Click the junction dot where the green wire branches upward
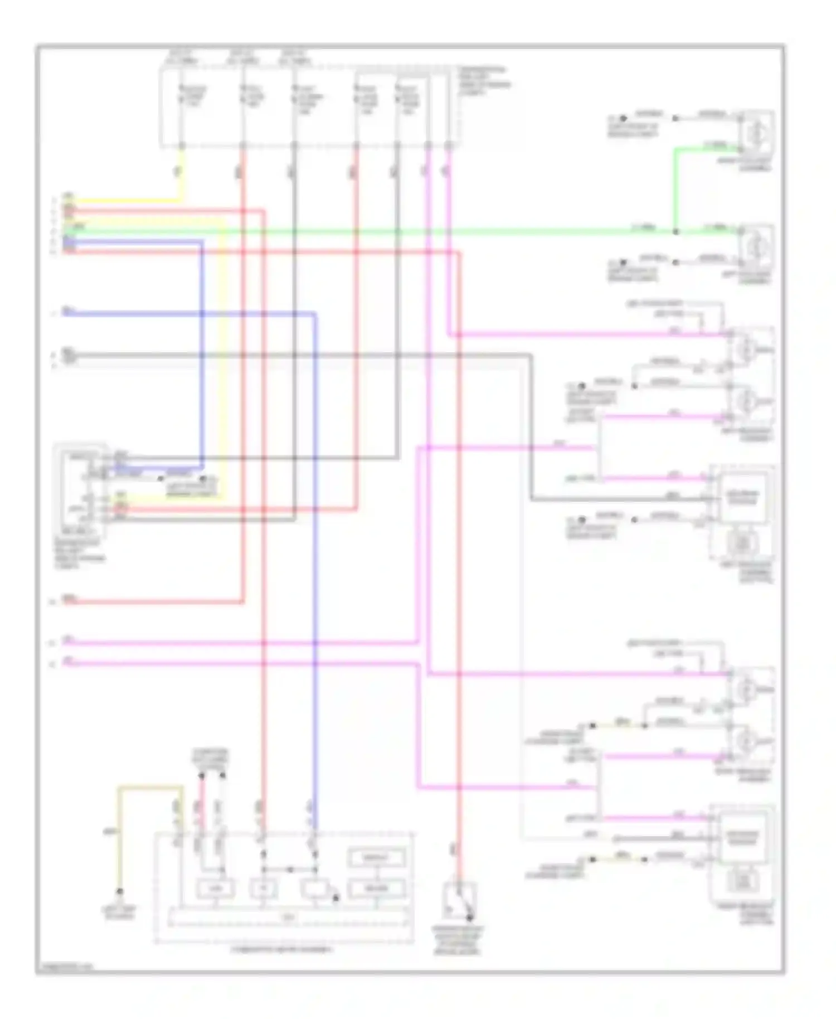tap(675, 231)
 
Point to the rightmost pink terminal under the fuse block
tap(448, 146)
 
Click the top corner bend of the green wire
tap(675, 149)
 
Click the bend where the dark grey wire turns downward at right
tap(530, 355)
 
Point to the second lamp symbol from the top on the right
tap(756, 246)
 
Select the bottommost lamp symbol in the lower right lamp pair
tap(747, 741)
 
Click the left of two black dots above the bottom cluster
tap(201, 775)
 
